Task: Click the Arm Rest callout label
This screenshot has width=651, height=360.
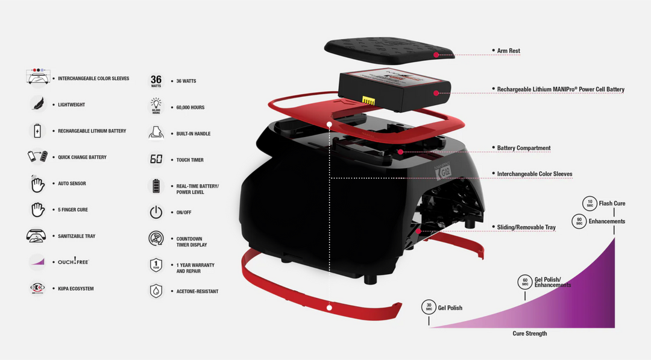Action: click(508, 51)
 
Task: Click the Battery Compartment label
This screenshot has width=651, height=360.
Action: click(523, 148)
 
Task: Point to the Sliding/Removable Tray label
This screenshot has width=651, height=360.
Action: click(526, 227)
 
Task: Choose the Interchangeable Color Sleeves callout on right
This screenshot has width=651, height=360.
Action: click(534, 174)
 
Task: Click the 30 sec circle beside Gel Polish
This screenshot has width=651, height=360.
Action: click(429, 308)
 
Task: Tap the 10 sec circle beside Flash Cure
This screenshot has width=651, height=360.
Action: click(589, 203)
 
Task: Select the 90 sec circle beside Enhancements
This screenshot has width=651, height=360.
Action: click(579, 221)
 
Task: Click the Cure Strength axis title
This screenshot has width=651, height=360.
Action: click(530, 333)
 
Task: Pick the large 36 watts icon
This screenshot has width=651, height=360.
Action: click(156, 81)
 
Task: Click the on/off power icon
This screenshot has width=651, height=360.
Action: click(156, 212)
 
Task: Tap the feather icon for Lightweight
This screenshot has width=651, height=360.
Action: click(37, 104)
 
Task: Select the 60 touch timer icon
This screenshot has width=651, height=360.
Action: click(156, 160)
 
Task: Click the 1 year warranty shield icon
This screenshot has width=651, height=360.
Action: click(156, 265)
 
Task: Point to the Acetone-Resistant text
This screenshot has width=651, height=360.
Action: click(197, 291)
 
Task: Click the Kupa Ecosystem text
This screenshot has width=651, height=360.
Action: click(75, 289)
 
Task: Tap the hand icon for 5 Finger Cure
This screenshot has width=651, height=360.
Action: click(37, 210)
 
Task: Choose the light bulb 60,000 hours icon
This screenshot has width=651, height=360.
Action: click(156, 107)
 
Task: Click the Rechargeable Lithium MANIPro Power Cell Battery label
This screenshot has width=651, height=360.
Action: click(561, 89)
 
